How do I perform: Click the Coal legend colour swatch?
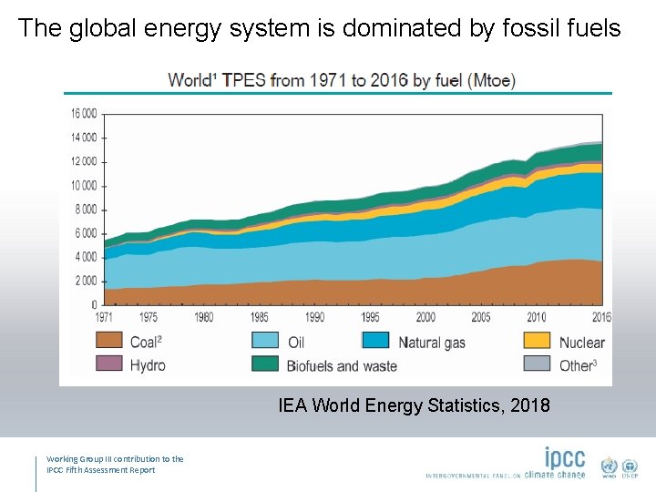tap(109, 341)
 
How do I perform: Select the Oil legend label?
tap(296, 343)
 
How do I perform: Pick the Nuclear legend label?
tap(581, 343)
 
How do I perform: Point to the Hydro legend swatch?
tap(109, 364)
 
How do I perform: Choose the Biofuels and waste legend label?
tap(342, 365)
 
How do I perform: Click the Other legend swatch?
tap(537, 364)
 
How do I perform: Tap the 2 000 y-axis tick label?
tap(86, 281)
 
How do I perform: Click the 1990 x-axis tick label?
tap(314, 317)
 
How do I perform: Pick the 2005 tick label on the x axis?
tap(481, 317)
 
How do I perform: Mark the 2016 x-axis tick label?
tap(600, 317)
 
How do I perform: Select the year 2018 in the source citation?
tap(528, 405)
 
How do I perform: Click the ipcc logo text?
tap(565, 458)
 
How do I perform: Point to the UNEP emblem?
tap(630, 467)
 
